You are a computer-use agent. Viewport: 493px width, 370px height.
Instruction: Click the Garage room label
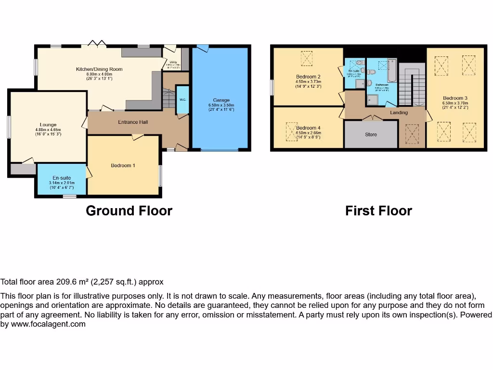pyautogui.click(x=221, y=100)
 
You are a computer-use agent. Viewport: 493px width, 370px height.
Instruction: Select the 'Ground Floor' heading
pyautogui.click(x=129, y=211)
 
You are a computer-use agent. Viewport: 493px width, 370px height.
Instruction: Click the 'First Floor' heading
pyautogui.click(x=378, y=211)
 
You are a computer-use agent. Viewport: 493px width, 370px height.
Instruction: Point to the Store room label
pyautogui.click(x=371, y=134)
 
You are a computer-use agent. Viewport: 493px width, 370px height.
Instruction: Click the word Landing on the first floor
pyautogui.click(x=399, y=113)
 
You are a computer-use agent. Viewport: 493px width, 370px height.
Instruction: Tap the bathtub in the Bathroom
pyautogui.click(x=391, y=70)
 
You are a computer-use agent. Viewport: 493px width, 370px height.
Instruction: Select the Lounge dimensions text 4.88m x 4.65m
pyautogui.click(x=48, y=130)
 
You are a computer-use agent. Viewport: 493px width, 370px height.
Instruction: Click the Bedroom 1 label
pyautogui.click(x=123, y=166)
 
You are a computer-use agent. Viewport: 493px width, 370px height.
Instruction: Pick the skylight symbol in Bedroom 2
pyautogui.click(x=307, y=59)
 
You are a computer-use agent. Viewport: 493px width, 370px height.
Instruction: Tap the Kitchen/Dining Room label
pyautogui.click(x=99, y=69)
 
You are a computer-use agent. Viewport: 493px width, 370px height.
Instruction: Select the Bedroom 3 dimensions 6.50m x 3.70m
pyautogui.click(x=455, y=103)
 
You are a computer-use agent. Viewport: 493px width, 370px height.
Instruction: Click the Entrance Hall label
pyautogui.click(x=133, y=122)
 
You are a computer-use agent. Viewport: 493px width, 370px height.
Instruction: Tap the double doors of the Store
pyautogui.click(x=371, y=118)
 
